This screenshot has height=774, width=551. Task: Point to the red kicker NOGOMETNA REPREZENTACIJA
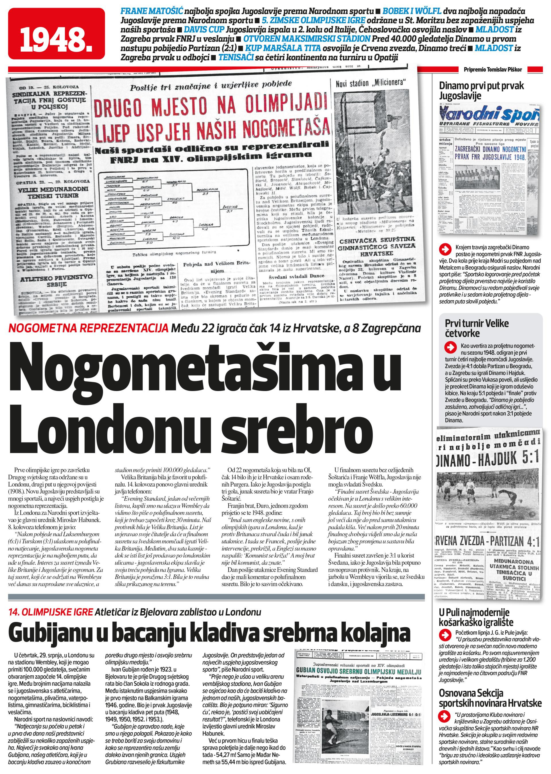(88, 328)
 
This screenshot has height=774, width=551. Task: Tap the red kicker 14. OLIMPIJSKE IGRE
(51, 612)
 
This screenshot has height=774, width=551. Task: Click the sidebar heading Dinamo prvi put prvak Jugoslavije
(481, 91)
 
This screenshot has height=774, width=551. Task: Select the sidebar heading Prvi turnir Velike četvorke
(476, 328)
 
